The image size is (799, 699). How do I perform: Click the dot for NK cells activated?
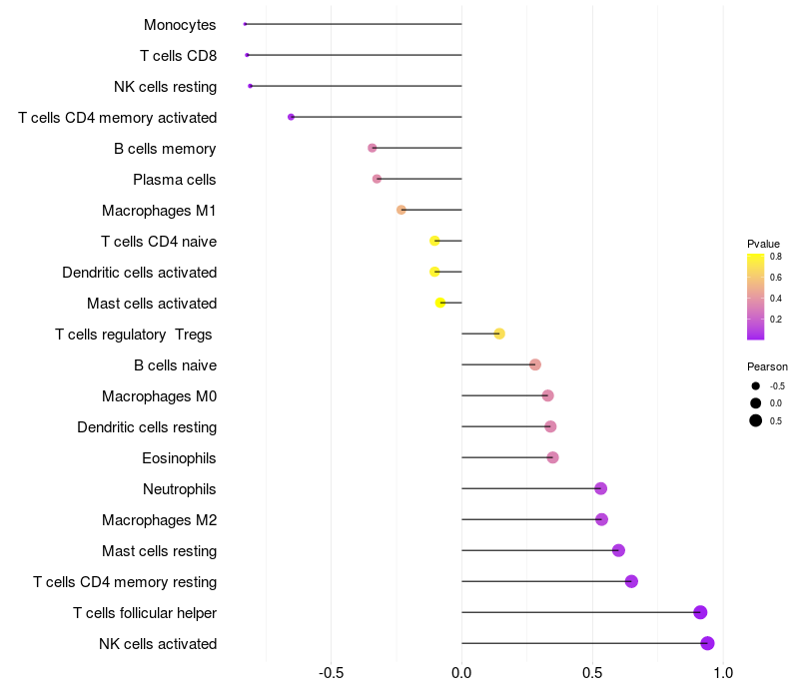click(707, 643)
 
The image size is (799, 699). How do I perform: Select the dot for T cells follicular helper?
click(700, 612)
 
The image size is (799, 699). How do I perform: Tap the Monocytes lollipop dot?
click(245, 24)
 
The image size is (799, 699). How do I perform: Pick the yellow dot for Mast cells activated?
click(440, 303)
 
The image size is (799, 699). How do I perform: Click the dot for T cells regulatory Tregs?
click(499, 334)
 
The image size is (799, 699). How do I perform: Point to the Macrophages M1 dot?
click(401, 210)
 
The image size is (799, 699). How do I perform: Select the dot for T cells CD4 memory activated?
click(291, 117)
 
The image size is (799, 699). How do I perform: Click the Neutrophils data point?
click(600, 488)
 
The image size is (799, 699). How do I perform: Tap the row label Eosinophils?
click(180, 458)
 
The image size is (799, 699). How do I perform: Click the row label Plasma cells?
click(175, 180)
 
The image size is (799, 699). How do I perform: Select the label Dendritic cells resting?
click(147, 427)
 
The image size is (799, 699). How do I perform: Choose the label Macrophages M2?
click(159, 520)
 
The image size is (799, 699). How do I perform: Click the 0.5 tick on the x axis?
click(592, 673)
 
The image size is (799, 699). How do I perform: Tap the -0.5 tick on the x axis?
click(332, 673)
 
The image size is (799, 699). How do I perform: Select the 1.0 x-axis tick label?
click(723, 673)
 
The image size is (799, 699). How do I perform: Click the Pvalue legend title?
click(763, 244)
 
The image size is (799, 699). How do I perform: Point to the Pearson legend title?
click(767, 366)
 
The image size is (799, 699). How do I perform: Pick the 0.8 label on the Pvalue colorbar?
click(775, 257)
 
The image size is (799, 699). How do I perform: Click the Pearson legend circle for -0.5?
click(756, 385)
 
